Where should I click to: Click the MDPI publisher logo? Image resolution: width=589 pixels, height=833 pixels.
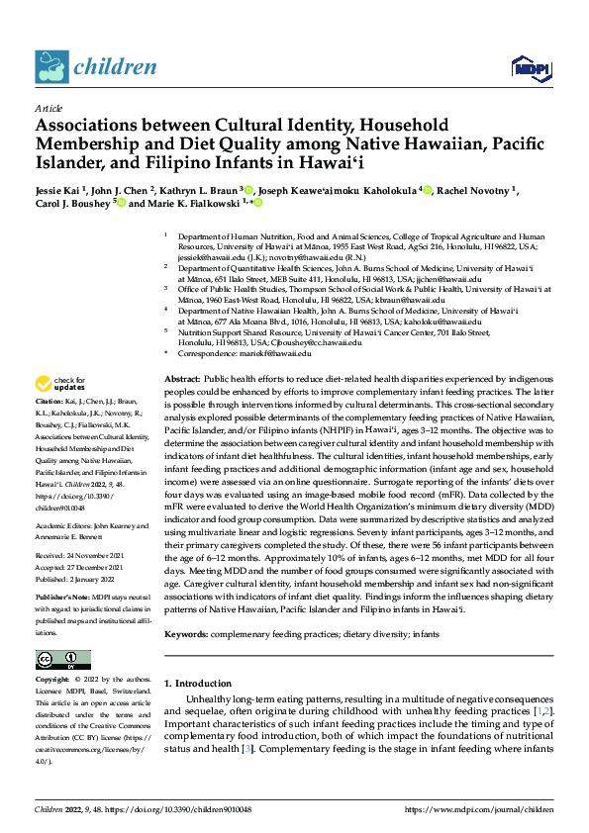(x=525, y=67)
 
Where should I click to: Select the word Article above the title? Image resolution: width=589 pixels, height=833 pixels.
(x=48, y=107)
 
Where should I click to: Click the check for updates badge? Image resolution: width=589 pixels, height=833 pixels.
(x=61, y=384)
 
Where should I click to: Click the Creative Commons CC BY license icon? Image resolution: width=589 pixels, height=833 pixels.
(x=62, y=660)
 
